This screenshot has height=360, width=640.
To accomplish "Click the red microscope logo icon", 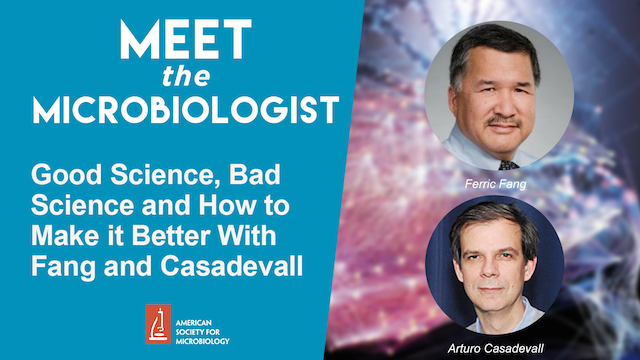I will click(157, 325).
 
